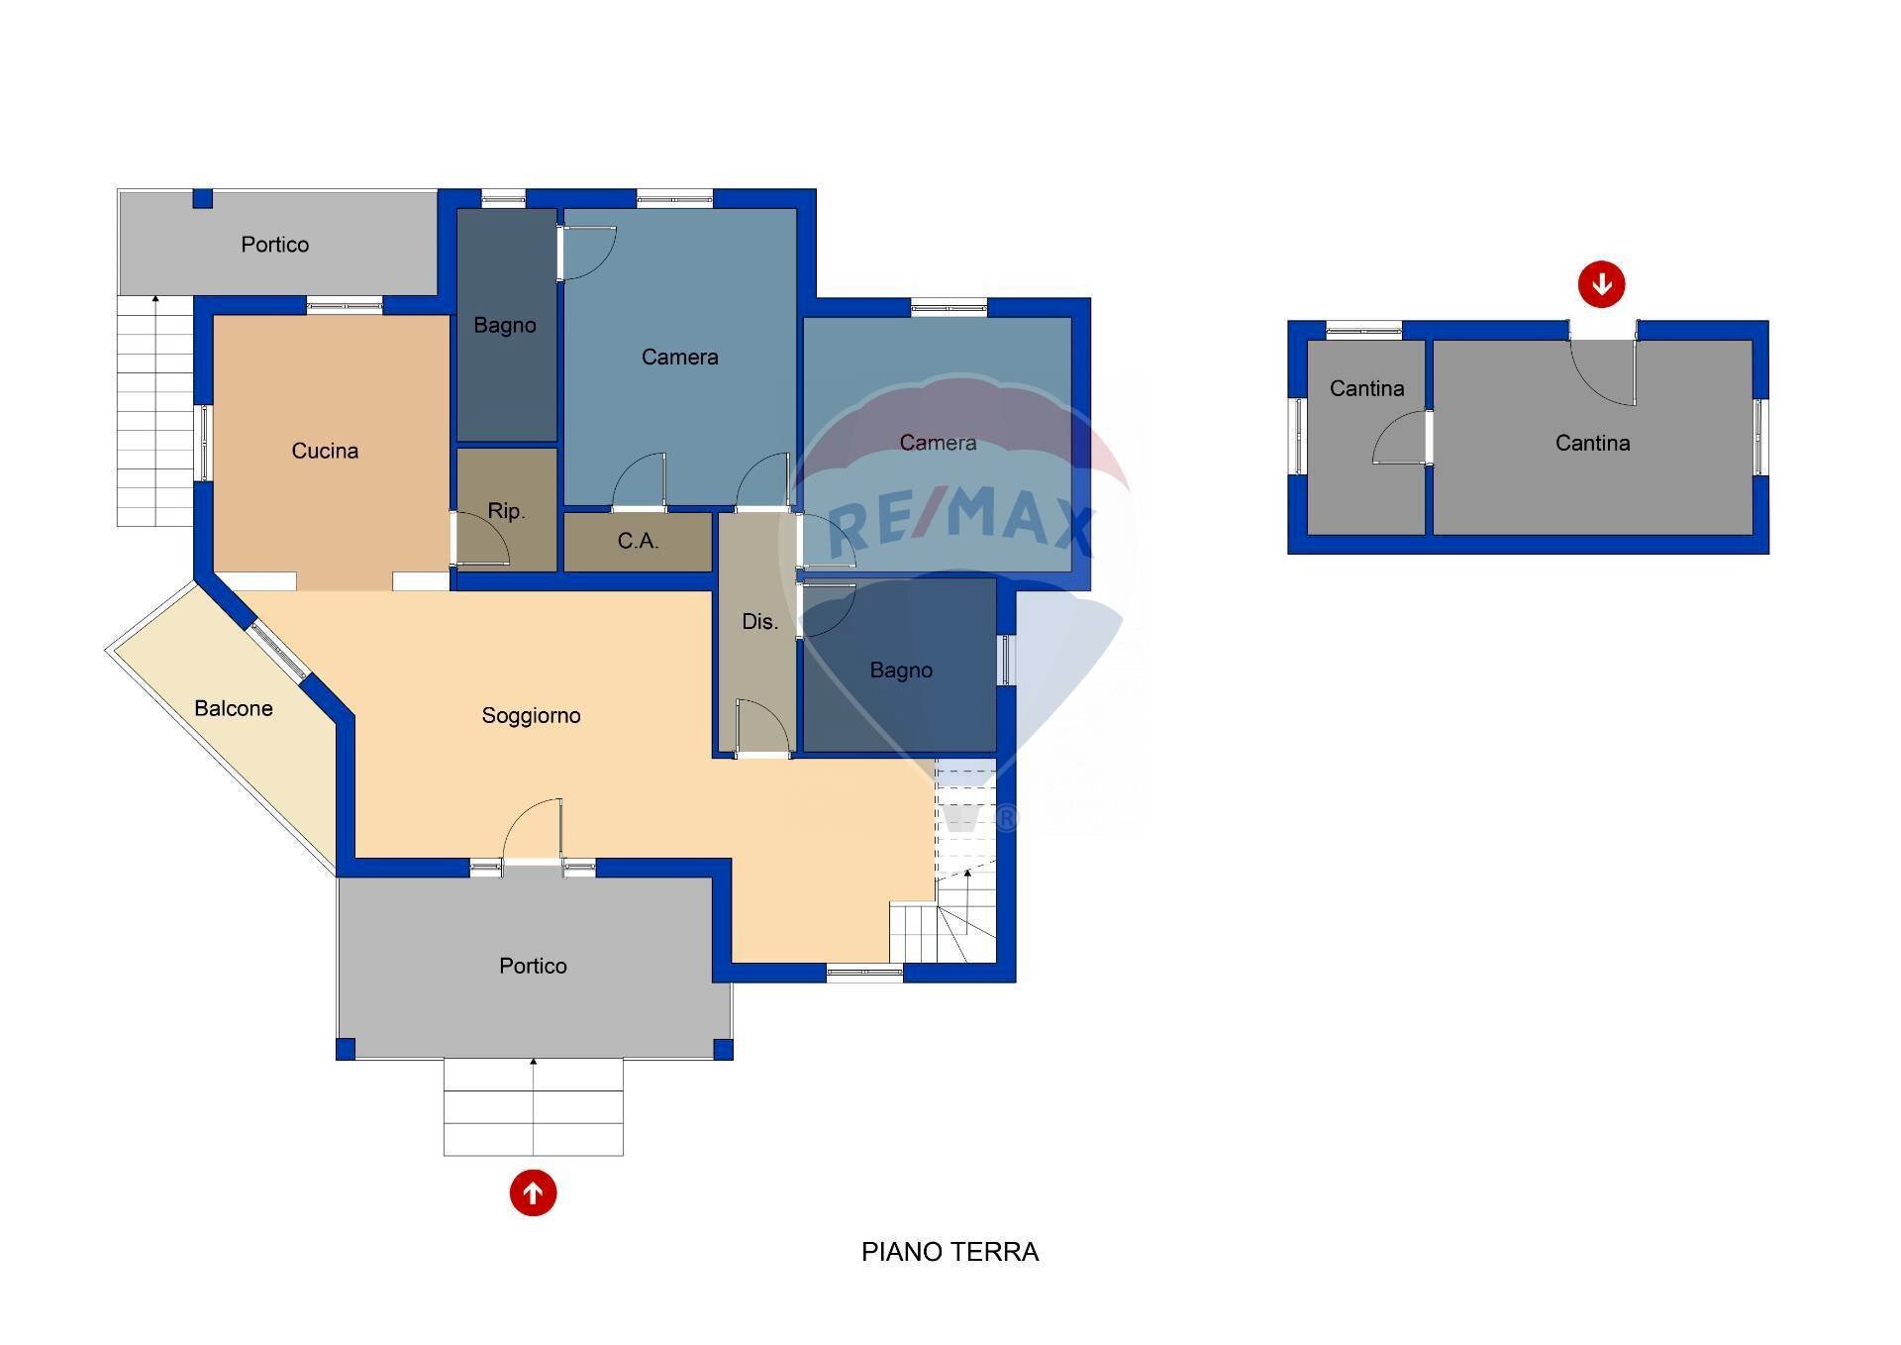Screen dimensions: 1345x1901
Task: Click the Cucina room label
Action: [325, 452]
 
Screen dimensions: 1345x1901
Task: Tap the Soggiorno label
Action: [531, 716]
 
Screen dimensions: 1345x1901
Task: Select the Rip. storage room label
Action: [506, 511]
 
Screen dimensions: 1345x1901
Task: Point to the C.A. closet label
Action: [638, 541]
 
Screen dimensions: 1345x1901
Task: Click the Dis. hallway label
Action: [759, 622]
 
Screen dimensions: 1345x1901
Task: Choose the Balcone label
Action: [234, 708]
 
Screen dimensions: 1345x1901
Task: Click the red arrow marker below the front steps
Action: [533, 1192]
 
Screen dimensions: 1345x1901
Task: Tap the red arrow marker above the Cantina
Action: [1601, 284]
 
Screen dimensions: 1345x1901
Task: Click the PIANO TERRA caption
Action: [950, 1252]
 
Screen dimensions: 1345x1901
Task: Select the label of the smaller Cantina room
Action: [1366, 388]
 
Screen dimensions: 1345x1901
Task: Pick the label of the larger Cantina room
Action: [1592, 443]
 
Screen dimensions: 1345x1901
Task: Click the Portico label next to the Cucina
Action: [274, 245]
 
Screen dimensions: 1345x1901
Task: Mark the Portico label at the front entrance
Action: [533, 966]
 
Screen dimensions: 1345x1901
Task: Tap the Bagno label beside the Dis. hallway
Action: [901, 671]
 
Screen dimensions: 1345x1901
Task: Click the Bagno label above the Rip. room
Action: [505, 325]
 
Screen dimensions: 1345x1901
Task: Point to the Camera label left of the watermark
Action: [679, 357]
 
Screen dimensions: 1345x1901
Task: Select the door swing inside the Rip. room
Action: [483, 540]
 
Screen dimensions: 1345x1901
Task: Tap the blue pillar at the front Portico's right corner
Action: [724, 1049]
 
